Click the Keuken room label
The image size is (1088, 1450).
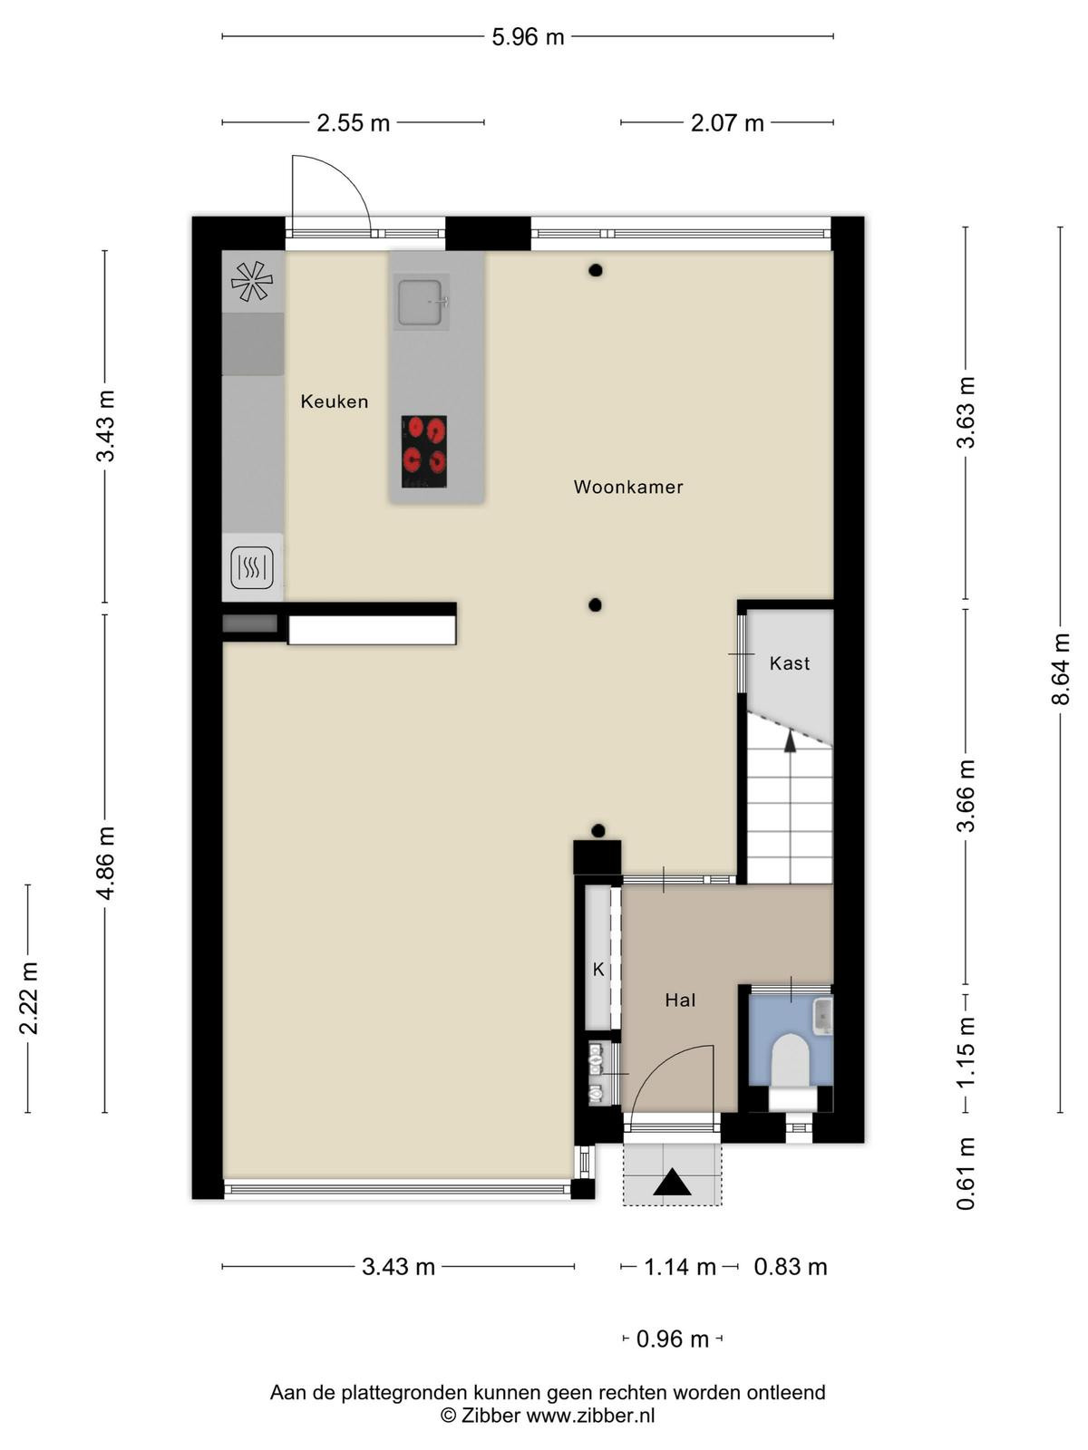pos(335,401)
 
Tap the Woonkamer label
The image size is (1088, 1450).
pos(628,487)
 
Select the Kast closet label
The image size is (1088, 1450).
pos(790,663)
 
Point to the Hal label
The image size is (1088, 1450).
pos(680,1000)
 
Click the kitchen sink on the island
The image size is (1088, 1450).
pos(421,302)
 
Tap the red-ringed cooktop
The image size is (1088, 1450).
pos(424,452)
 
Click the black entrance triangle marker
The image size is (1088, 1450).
pos(672,1182)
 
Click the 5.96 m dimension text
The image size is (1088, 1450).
pos(528,37)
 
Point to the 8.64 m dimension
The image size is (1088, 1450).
pos(1060,669)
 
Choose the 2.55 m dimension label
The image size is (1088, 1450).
pos(354,123)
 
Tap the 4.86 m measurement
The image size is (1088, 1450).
pos(106,863)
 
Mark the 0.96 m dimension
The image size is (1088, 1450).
pos(673,1339)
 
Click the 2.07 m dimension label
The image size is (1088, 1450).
pos(727,123)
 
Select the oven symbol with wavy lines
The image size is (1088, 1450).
pos(252,568)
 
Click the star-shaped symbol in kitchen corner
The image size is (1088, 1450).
pos(252,282)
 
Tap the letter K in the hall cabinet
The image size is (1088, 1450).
pos(598,969)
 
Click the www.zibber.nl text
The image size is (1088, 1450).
pos(590,1416)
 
